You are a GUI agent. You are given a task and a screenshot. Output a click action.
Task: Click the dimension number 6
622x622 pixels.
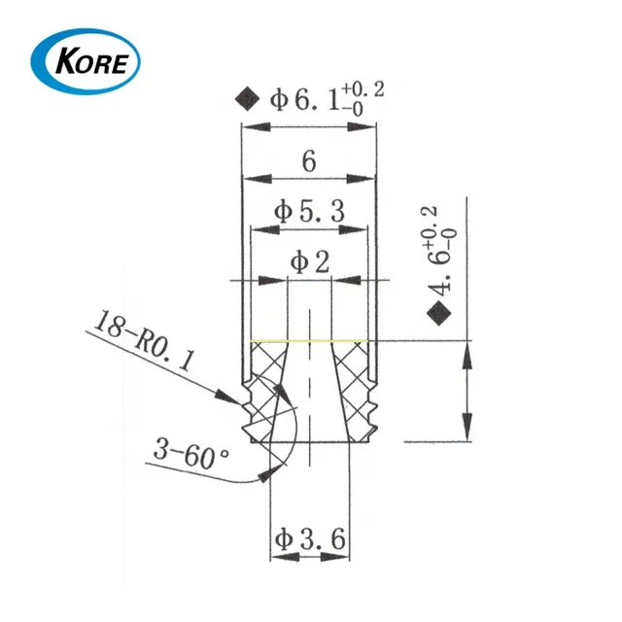pyautogui.click(x=308, y=162)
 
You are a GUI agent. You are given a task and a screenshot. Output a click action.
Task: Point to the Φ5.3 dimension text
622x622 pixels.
pyautogui.click(x=309, y=211)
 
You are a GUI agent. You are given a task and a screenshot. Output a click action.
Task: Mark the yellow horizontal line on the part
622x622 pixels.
pyautogui.click(x=309, y=341)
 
